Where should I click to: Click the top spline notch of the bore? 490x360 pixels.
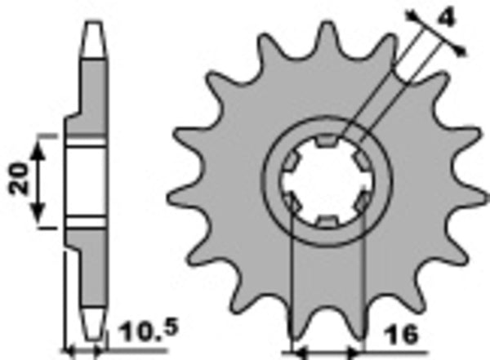(324, 144)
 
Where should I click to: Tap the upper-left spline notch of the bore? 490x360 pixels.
(291, 162)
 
